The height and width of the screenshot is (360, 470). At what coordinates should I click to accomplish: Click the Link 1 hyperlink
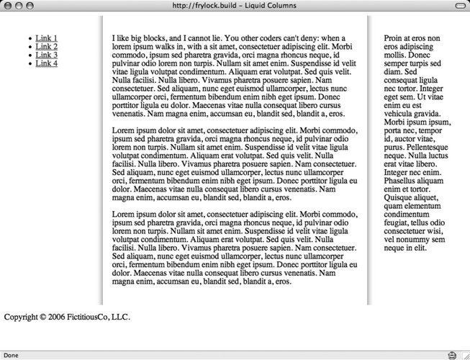point(47,38)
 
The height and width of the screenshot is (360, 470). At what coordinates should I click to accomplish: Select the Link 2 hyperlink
point(47,47)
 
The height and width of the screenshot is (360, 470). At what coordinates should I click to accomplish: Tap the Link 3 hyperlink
point(47,55)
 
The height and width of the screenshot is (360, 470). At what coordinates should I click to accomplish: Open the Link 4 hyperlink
point(47,63)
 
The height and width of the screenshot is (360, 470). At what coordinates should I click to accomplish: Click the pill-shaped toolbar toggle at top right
point(459,6)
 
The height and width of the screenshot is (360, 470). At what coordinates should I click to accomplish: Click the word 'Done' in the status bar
point(12,355)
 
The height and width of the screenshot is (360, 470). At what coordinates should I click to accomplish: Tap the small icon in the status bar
point(451,355)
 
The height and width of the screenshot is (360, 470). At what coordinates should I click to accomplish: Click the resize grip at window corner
point(464,355)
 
